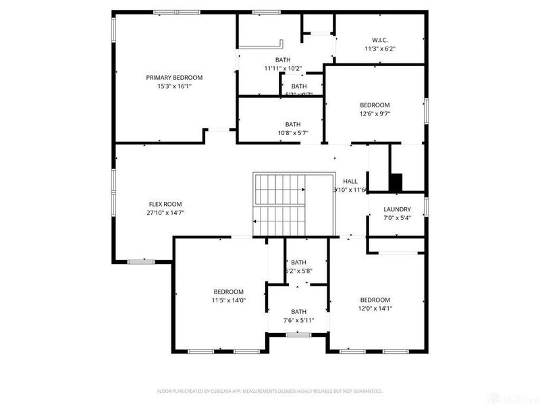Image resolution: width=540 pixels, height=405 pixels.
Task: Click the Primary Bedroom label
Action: pos(174,78)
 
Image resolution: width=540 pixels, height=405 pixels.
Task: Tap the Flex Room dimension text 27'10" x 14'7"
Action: pos(165,213)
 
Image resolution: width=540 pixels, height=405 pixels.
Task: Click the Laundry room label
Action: pos(397,209)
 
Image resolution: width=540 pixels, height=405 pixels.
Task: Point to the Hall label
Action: pos(350,181)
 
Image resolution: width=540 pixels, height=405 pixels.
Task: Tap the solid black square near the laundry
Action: pos(396,182)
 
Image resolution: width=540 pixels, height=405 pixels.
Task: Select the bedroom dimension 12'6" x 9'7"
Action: pos(375,114)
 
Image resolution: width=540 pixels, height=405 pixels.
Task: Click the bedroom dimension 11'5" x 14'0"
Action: pos(227,300)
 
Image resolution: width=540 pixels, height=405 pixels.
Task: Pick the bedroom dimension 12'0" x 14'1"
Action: pos(375,308)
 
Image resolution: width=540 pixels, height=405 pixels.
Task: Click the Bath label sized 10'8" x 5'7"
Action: pos(292,124)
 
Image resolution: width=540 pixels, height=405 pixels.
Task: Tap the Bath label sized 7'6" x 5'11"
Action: pos(298,311)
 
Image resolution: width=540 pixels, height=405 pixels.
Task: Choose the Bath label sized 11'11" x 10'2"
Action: pos(283,60)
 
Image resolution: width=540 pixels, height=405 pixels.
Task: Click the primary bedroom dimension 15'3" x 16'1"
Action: pos(174,86)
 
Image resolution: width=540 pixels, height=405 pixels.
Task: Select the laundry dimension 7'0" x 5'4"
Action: pos(397,218)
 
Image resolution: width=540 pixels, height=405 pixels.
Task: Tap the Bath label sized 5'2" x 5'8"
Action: pos(298,262)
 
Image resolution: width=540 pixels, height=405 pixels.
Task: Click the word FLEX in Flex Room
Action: pos(156,204)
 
